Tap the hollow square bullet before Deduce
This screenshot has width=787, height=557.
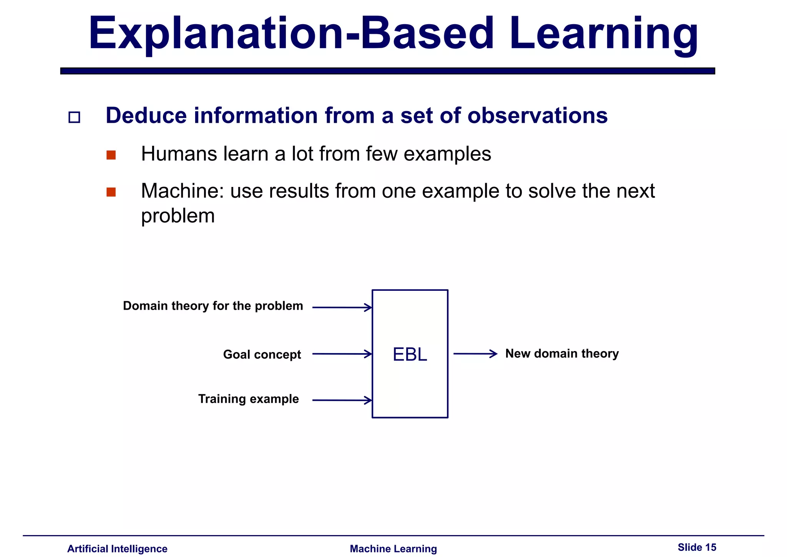click(74, 117)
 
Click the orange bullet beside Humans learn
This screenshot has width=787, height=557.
click(111, 155)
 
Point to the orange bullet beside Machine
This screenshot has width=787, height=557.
click(111, 192)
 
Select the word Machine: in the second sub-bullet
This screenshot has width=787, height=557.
click(183, 191)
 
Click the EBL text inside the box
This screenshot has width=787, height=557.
click(410, 354)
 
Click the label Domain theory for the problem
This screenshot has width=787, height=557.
click(213, 306)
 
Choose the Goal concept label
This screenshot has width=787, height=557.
click(262, 354)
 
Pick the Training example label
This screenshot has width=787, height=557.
click(248, 399)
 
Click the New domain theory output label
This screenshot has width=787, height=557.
click(562, 354)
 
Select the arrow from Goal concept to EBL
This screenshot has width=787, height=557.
click(342, 354)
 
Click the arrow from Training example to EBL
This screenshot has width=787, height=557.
click(342, 400)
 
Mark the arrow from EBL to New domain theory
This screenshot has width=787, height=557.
click(475, 354)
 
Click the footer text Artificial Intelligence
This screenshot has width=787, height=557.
click(117, 549)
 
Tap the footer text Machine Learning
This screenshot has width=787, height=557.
click(393, 549)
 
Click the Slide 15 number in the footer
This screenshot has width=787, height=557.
click(697, 547)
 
